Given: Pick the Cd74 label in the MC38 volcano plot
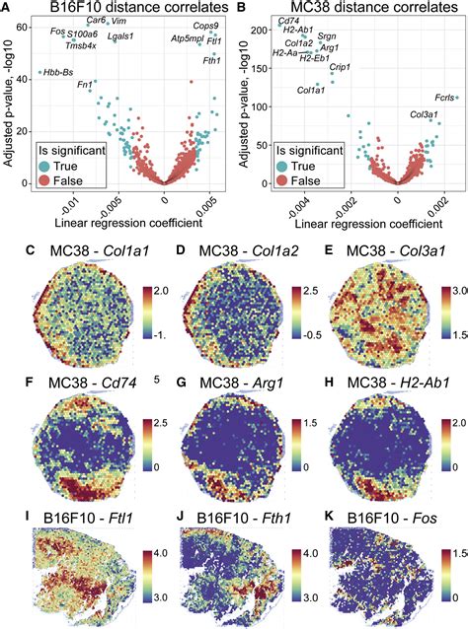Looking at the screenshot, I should click(x=289, y=21).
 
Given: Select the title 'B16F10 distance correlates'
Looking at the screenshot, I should click(x=121, y=7).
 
